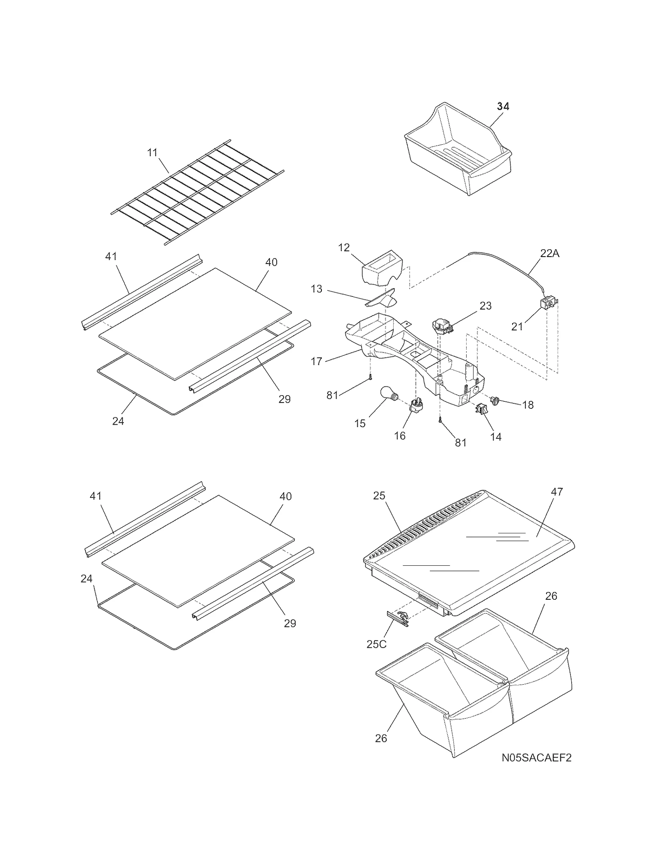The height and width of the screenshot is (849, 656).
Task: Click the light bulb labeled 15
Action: (x=389, y=395)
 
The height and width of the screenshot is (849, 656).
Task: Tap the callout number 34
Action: (x=503, y=106)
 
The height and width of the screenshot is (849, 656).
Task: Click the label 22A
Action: (x=549, y=254)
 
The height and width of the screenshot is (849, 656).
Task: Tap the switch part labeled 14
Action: (x=481, y=409)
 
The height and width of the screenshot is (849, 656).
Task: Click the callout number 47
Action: (x=557, y=491)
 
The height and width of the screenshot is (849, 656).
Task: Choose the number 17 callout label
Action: (x=317, y=361)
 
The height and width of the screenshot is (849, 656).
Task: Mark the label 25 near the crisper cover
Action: (x=379, y=496)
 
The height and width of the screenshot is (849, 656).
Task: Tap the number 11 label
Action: (x=152, y=153)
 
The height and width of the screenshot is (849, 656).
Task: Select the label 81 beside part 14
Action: (x=461, y=442)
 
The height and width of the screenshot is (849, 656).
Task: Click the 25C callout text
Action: (x=376, y=644)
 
